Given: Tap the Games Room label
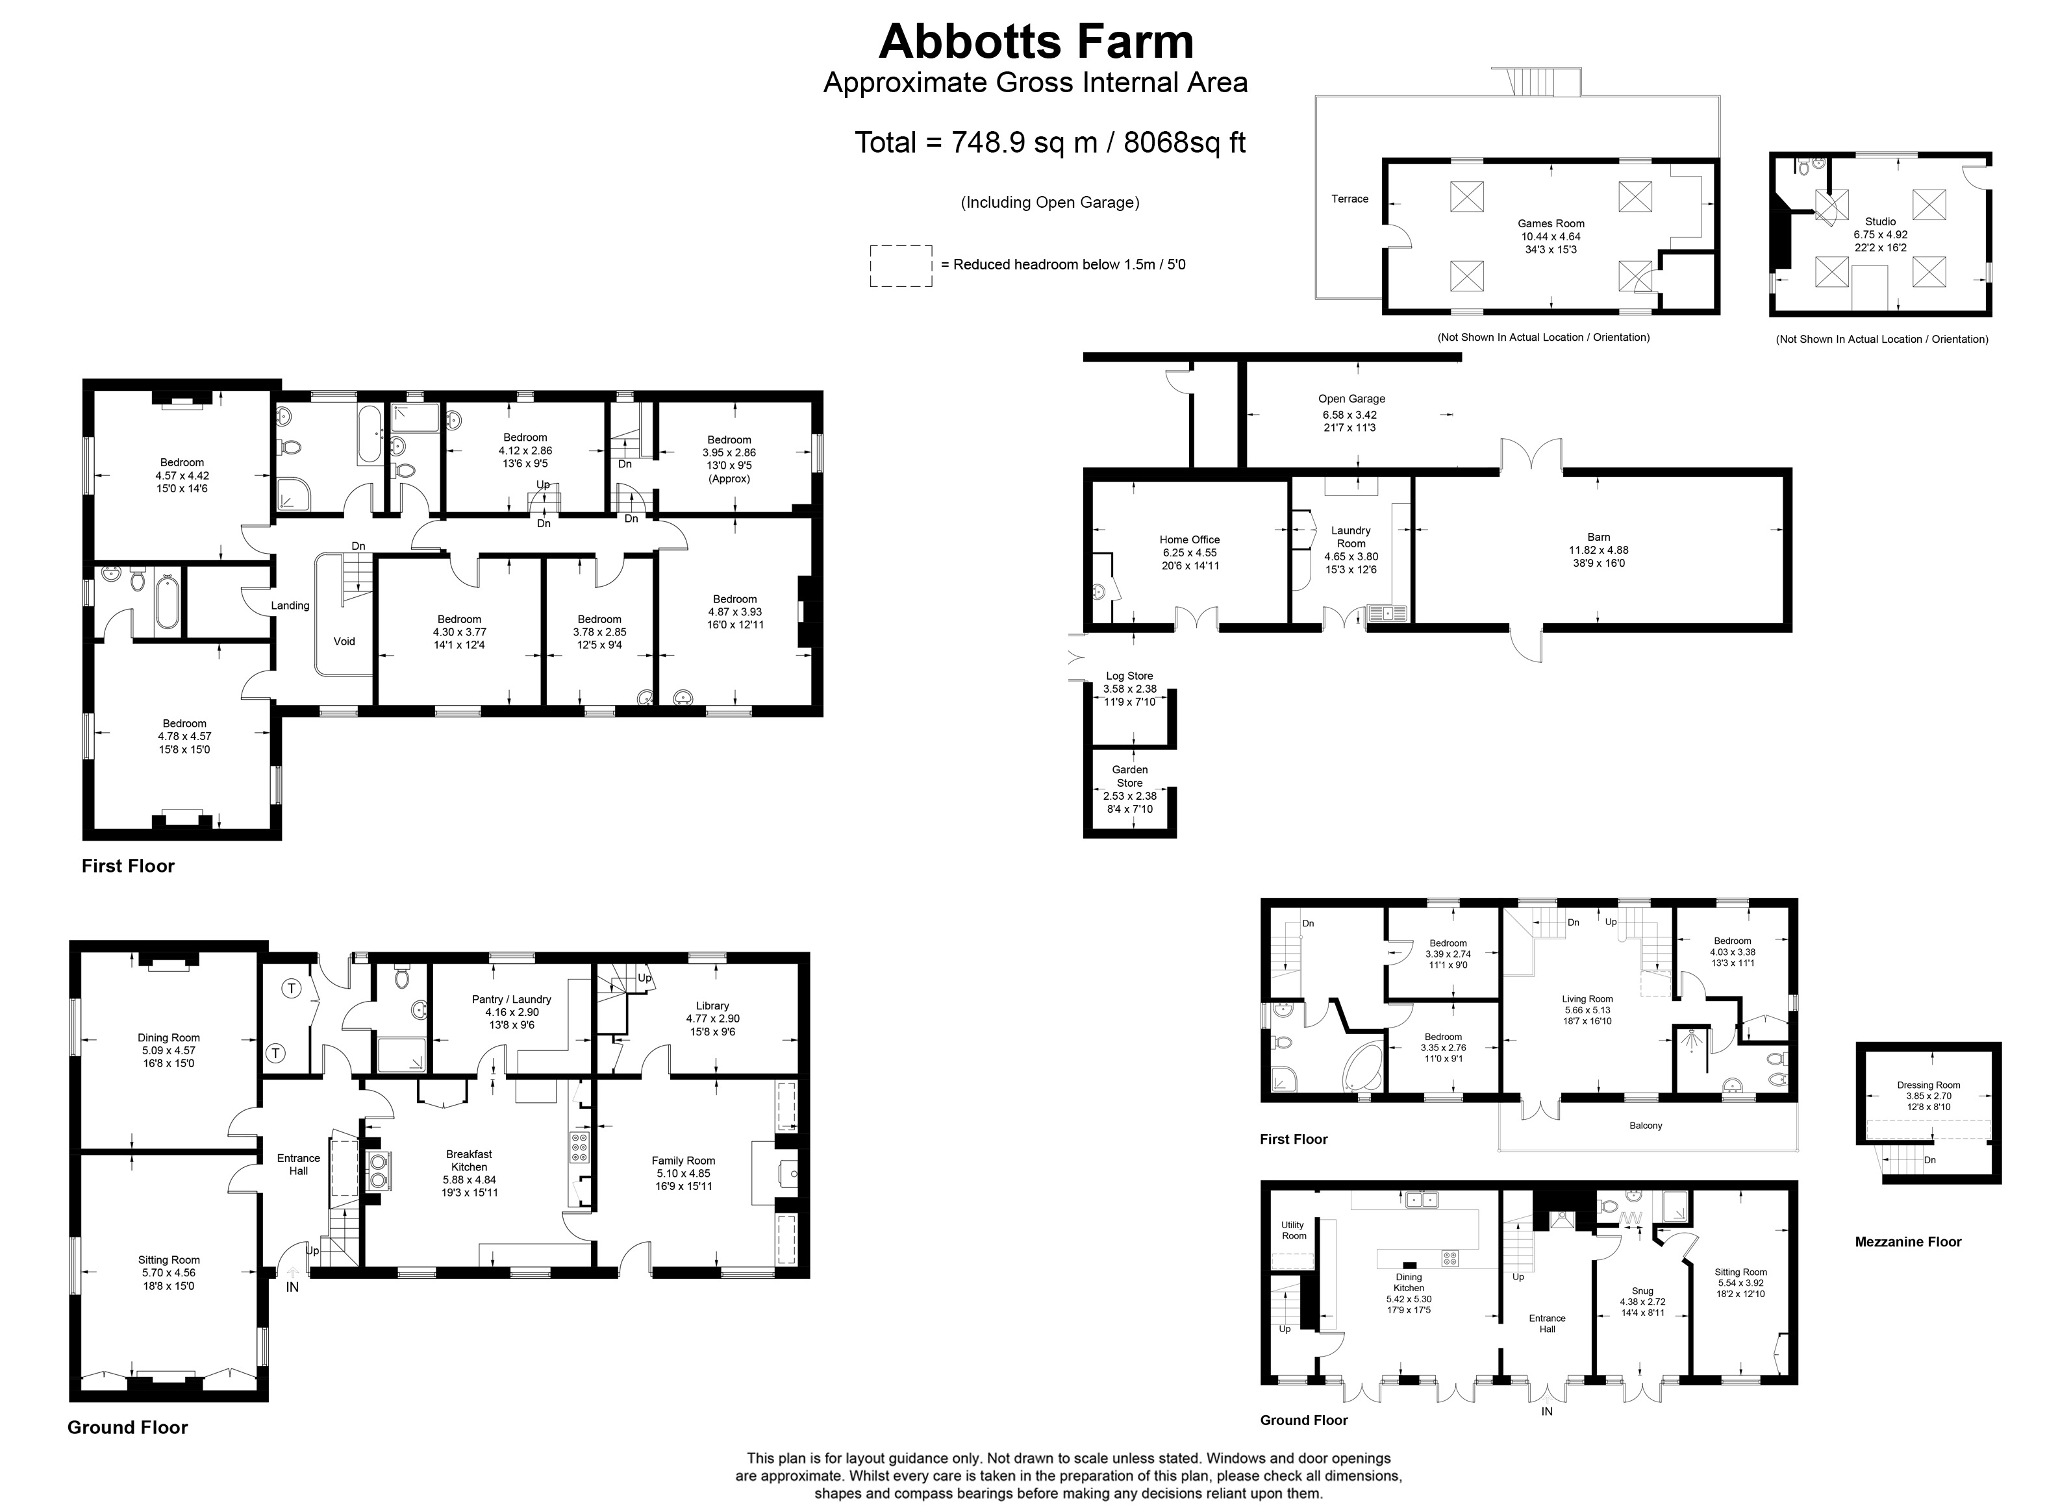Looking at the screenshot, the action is coord(1551,224).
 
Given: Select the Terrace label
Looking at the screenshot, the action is coord(1349,199).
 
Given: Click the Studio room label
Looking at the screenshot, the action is coord(1880,222).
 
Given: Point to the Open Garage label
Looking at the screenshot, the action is coord(1351,399).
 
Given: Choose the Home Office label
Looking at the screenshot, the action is coord(1190,540).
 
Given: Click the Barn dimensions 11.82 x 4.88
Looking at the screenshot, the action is coord(1598,550).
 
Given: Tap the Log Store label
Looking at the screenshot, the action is coord(1129,676).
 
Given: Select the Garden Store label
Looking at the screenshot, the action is coord(1129,776).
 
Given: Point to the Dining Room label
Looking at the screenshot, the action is coord(169,1038).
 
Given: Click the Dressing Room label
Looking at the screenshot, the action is coord(1929,1085).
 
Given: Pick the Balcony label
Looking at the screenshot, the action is coord(1646,1126).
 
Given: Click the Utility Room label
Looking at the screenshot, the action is coord(1293,1231).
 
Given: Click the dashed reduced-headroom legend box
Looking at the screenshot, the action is coord(901,245).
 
